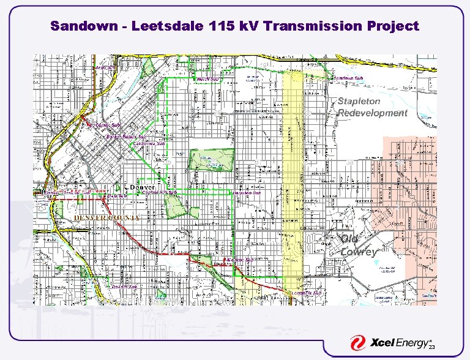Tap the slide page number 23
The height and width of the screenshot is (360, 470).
(x=431, y=348)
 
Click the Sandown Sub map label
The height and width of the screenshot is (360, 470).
(x=349, y=78)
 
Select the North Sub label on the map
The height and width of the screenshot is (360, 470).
(x=207, y=79)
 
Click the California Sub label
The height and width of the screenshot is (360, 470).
(x=149, y=143)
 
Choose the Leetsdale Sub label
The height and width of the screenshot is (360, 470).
(x=306, y=293)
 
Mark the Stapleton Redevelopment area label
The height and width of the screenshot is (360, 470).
(x=372, y=107)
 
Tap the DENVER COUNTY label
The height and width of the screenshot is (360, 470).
(x=107, y=217)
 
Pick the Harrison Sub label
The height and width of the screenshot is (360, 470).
(x=248, y=192)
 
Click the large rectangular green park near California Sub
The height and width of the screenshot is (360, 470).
(x=211, y=160)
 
